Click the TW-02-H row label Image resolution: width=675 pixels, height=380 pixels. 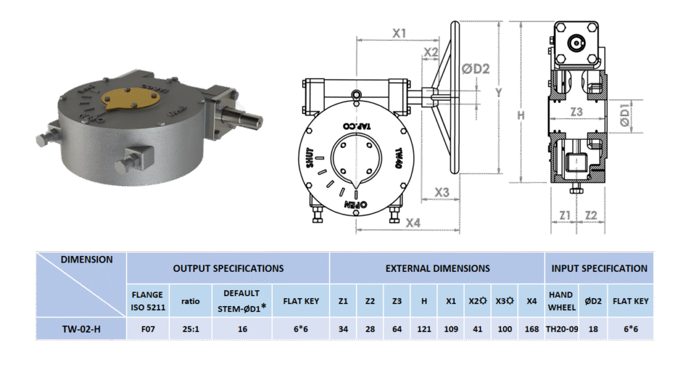click(80, 329)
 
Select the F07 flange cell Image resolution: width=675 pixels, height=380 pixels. click(148, 329)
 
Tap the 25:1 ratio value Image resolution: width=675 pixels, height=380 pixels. click(191, 329)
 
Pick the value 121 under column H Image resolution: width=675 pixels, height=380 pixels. click(424, 329)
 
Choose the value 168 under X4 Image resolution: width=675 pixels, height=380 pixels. click(532, 329)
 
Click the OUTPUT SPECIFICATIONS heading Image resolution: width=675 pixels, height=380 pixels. click(228, 269)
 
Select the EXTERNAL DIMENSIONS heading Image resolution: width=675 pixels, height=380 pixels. click(437, 269)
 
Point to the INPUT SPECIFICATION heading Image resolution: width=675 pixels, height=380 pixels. click(599, 269)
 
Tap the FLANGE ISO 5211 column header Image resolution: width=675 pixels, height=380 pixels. click(148, 301)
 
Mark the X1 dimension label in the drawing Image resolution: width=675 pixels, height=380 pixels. click(399, 32)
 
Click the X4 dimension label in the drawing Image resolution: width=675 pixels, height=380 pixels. click(413, 223)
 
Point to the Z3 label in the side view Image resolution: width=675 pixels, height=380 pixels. click(576, 112)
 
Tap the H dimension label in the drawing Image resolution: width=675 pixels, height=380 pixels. click(521, 115)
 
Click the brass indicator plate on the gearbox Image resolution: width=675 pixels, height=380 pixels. click(131, 99)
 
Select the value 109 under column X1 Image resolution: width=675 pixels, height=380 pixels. click(451, 329)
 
